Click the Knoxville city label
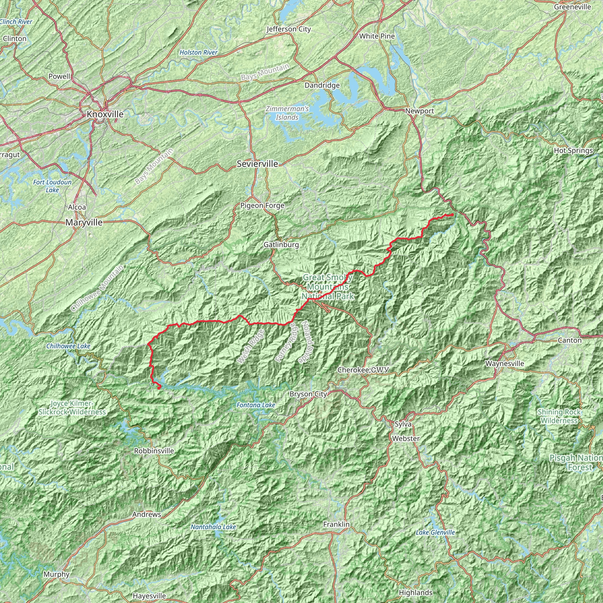[105, 114]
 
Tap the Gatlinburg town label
[281, 245]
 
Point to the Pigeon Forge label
[262, 206]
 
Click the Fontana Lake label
[256, 405]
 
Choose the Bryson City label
[308, 394]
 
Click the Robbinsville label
[154, 451]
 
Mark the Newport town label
[420, 111]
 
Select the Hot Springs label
[573, 151]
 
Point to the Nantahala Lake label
[213, 527]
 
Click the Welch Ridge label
[250, 347]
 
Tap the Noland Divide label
[306, 342]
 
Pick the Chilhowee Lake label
[68, 346]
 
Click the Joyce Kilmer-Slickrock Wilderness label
[72, 407]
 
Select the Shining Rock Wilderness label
[559, 416]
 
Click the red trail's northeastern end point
[452, 214]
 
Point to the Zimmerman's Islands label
[287, 113]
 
